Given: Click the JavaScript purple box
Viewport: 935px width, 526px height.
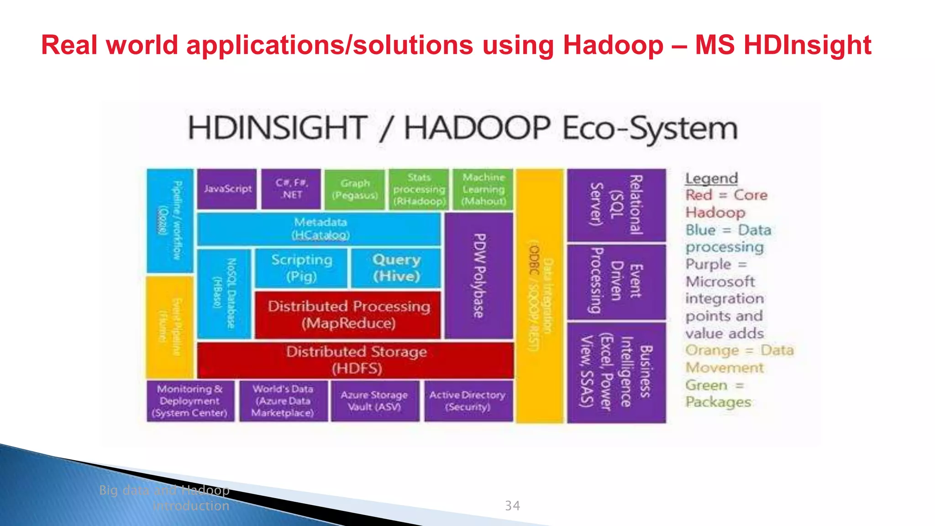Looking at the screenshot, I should pos(227,189).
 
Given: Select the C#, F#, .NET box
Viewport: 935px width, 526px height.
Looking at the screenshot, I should pos(291,189).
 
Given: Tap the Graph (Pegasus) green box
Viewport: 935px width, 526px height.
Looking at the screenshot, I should pos(355,189).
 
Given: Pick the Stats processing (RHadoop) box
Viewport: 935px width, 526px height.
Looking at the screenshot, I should pos(419,189).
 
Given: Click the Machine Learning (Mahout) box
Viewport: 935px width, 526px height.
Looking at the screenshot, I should pos(483,189).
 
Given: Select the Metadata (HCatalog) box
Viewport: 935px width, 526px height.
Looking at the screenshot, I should pos(320,229).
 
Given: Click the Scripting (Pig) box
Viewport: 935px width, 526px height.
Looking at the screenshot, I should pos(301,268).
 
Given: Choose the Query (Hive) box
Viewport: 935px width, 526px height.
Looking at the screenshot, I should pos(396,268).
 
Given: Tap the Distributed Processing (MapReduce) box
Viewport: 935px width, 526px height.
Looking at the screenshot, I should pos(348,315).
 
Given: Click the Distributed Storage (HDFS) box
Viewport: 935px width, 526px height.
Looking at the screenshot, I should pos(356,360).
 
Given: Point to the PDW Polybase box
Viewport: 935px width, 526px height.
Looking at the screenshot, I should pos(479,276).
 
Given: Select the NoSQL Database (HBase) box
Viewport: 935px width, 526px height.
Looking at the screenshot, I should pos(224,294).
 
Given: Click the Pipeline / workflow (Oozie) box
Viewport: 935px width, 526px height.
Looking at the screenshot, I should pos(170,221).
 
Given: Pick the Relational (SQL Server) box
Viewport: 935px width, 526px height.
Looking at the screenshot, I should pos(616,205).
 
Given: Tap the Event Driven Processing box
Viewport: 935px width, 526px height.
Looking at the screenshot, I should pos(616,282).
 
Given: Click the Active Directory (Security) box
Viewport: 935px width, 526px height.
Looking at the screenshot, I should pos(468,401).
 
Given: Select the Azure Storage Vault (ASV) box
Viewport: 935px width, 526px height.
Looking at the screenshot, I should pos(374,401).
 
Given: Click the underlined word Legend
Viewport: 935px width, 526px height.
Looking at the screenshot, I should pos(711,179).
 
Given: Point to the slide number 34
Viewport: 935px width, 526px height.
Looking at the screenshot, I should pos(512,505).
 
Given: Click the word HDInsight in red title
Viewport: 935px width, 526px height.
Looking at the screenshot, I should pos(807,45).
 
